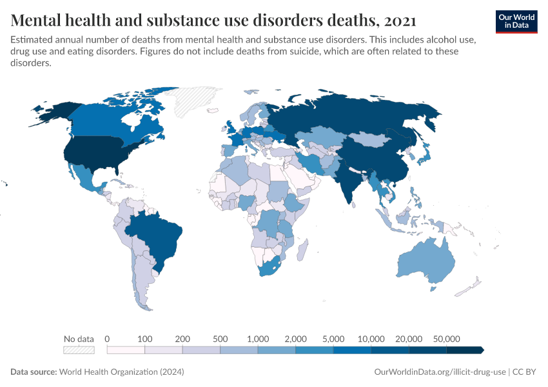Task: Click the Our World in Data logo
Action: pyautogui.click(x=516, y=21)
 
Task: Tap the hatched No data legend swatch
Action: pyautogui.click(x=79, y=350)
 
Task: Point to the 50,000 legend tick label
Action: pyautogui.click(x=446, y=339)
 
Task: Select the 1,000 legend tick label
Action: pyautogui.click(x=257, y=339)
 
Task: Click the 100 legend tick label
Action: pyautogui.click(x=144, y=339)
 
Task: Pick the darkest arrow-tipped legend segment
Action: pyautogui.click(x=465, y=350)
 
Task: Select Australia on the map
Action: pyautogui.click(x=422, y=261)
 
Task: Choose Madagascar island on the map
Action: pyautogui.click(x=303, y=248)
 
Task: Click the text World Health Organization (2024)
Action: pyautogui.click(x=121, y=372)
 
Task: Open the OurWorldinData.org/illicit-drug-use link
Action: pyautogui.click(x=440, y=372)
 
